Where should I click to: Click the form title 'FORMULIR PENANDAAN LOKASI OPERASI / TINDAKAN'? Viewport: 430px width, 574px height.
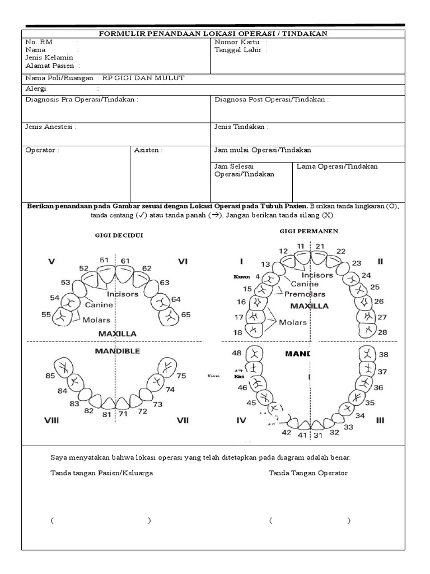tap(213, 34)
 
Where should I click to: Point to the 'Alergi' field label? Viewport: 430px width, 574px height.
tap(36, 89)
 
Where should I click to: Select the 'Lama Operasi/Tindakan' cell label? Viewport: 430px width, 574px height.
tap(337, 166)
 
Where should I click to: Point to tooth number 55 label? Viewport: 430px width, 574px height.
tap(46, 314)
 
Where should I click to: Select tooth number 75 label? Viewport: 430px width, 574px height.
tap(181, 376)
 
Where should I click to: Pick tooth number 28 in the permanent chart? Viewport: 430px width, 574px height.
tap(382, 332)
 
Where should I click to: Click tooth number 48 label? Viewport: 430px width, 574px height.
tap(236, 353)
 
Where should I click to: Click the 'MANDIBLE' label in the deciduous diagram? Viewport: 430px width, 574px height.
tap(118, 351)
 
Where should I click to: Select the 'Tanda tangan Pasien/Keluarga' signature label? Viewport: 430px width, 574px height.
tap(101, 473)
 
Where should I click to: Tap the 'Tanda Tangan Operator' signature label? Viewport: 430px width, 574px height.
tap(308, 473)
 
